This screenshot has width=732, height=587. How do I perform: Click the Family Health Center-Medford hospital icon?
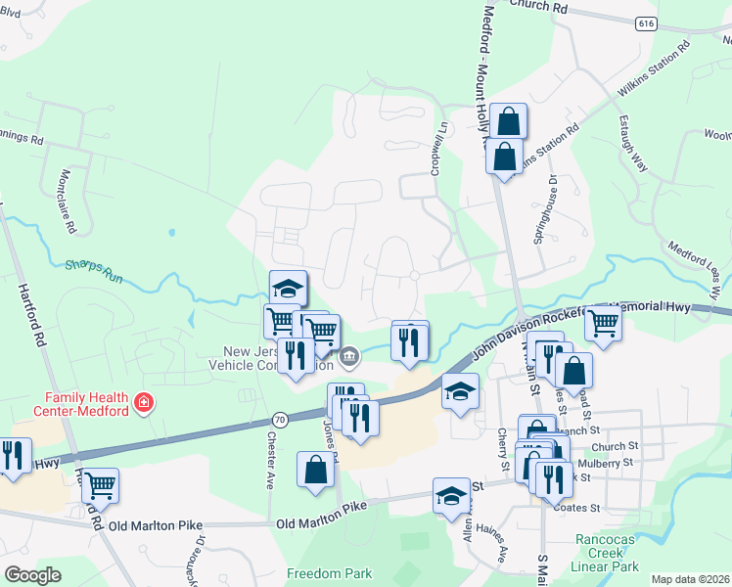pos(145,403)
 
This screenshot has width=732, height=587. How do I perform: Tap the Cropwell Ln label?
pos(437,147)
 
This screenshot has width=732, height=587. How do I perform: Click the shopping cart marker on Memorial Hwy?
pos(603,321)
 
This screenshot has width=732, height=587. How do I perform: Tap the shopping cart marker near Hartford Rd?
pos(100,484)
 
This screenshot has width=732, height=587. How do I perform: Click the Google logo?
pos(32,575)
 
